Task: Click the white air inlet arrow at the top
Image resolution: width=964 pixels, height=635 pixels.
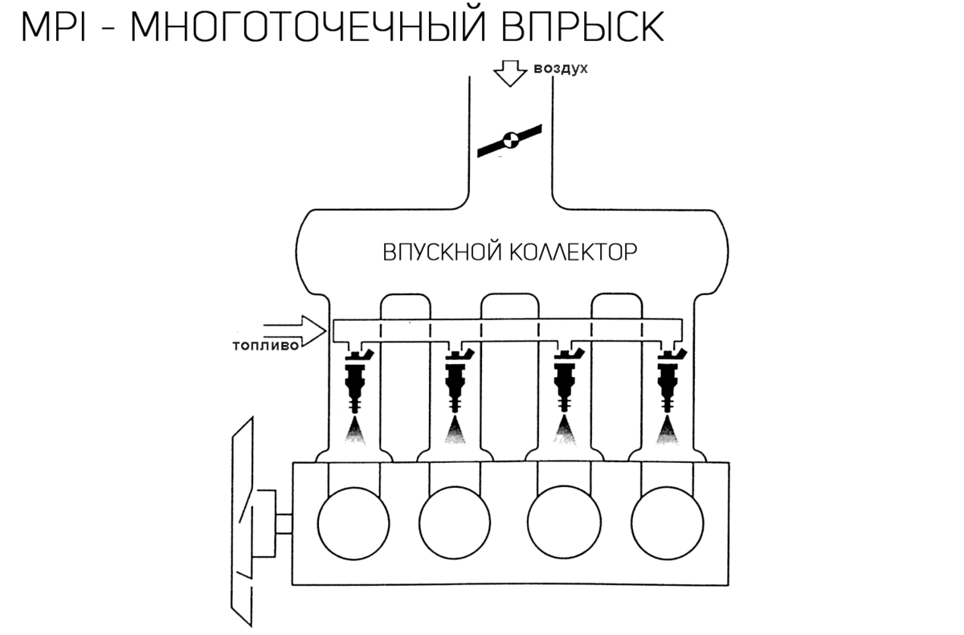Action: (x=509, y=73)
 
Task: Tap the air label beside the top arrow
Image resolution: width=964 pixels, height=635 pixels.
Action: (x=562, y=70)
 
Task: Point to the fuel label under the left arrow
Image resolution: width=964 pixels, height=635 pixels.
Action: (x=266, y=346)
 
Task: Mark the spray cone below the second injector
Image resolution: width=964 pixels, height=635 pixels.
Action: (x=455, y=432)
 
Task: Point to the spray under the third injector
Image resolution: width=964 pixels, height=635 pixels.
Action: (x=566, y=433)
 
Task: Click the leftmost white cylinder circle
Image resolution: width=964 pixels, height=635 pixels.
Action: (x=353, y=524)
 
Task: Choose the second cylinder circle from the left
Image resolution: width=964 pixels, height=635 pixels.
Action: (x=455, y=524)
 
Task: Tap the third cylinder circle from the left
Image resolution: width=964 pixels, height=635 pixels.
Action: (x=564, y=524)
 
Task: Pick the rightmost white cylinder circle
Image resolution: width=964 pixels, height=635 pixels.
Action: (x=667, y=524)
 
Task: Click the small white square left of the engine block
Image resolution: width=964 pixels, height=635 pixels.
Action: (x=283, y=524)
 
